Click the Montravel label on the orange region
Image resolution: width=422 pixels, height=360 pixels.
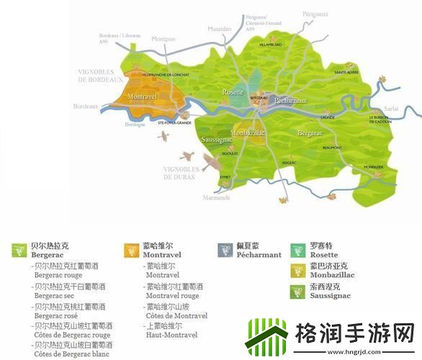[x=142, y=96]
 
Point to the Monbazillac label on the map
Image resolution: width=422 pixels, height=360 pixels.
[x=249, y=133]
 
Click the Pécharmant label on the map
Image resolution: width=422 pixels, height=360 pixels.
[x=291, y=101]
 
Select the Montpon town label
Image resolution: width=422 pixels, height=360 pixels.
[x=163, y=39]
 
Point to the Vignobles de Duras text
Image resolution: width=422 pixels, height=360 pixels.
[x=184, y=172]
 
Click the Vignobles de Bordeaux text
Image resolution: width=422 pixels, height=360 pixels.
[x=102, y=75]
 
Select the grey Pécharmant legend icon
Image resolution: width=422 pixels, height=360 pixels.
[x=224, y=250]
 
